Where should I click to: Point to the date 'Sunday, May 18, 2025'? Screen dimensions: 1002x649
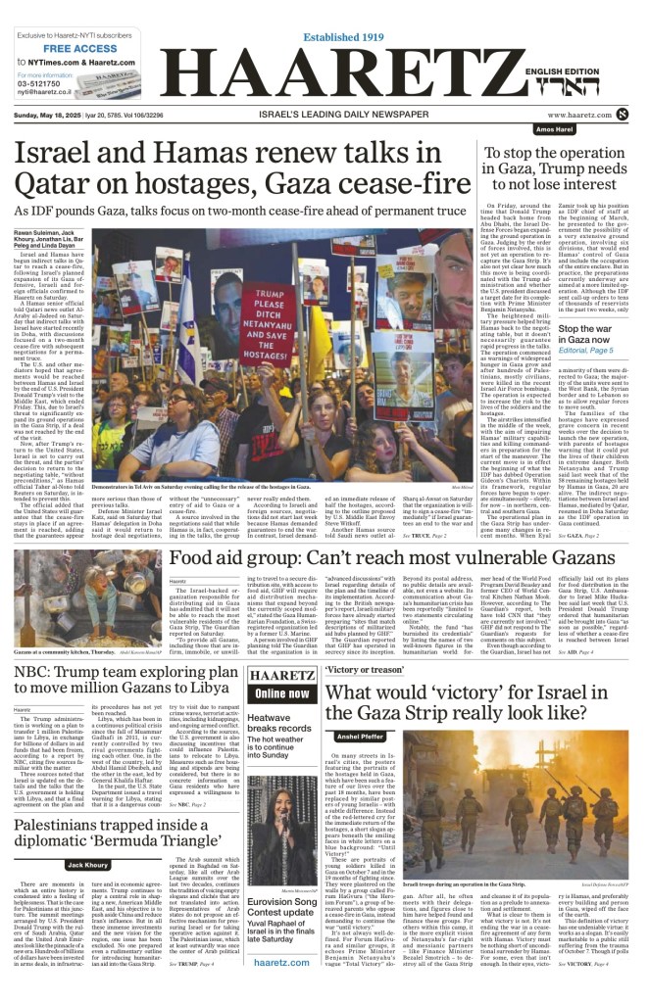[49, 115]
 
